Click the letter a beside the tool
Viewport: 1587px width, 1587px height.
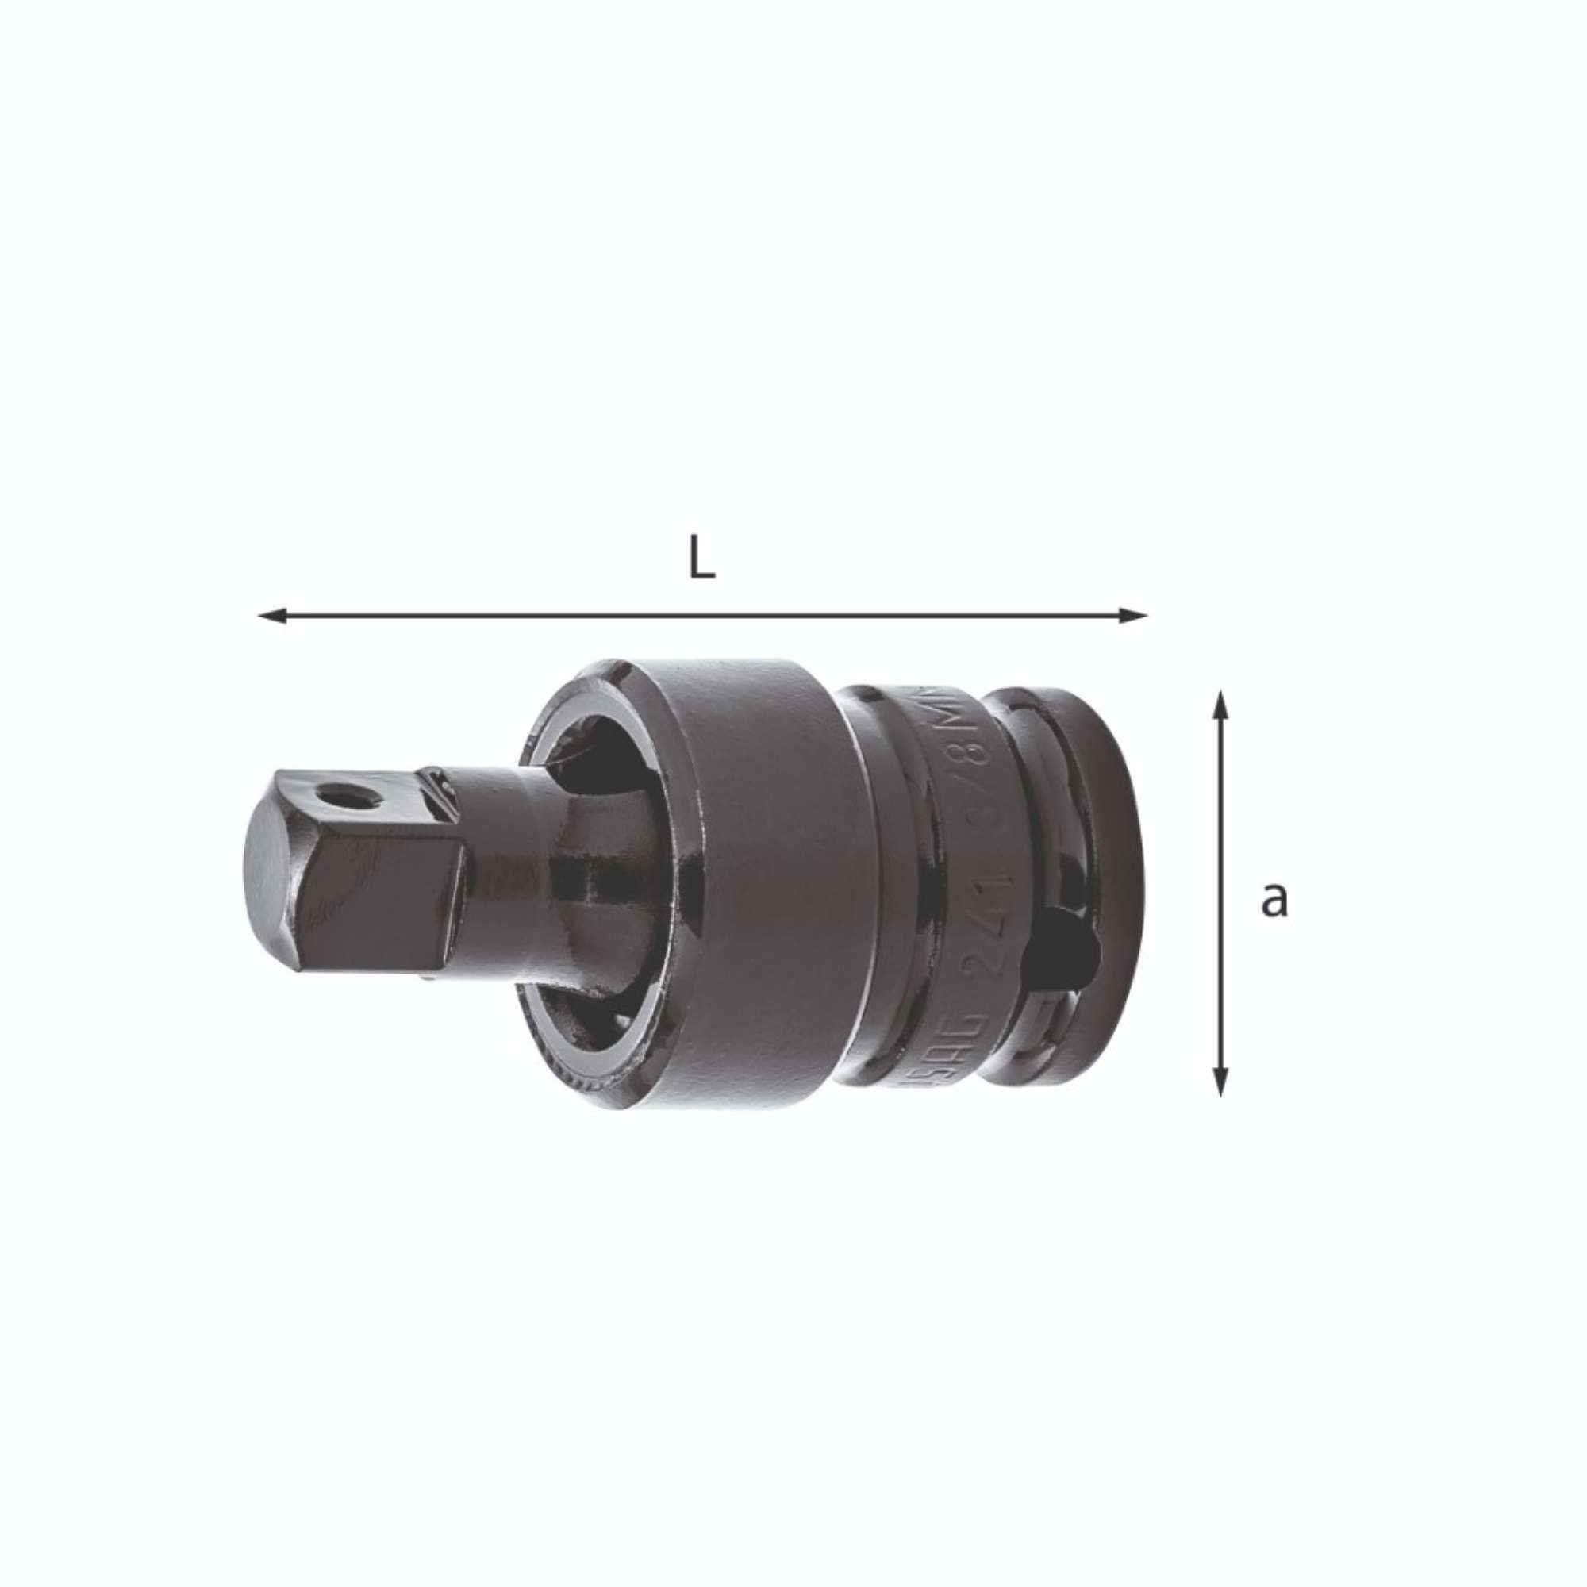tap(1274, 900)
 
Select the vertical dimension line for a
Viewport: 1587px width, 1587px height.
tap(1220, 895)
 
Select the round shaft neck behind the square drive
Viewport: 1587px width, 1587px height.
tap(501, 863)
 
